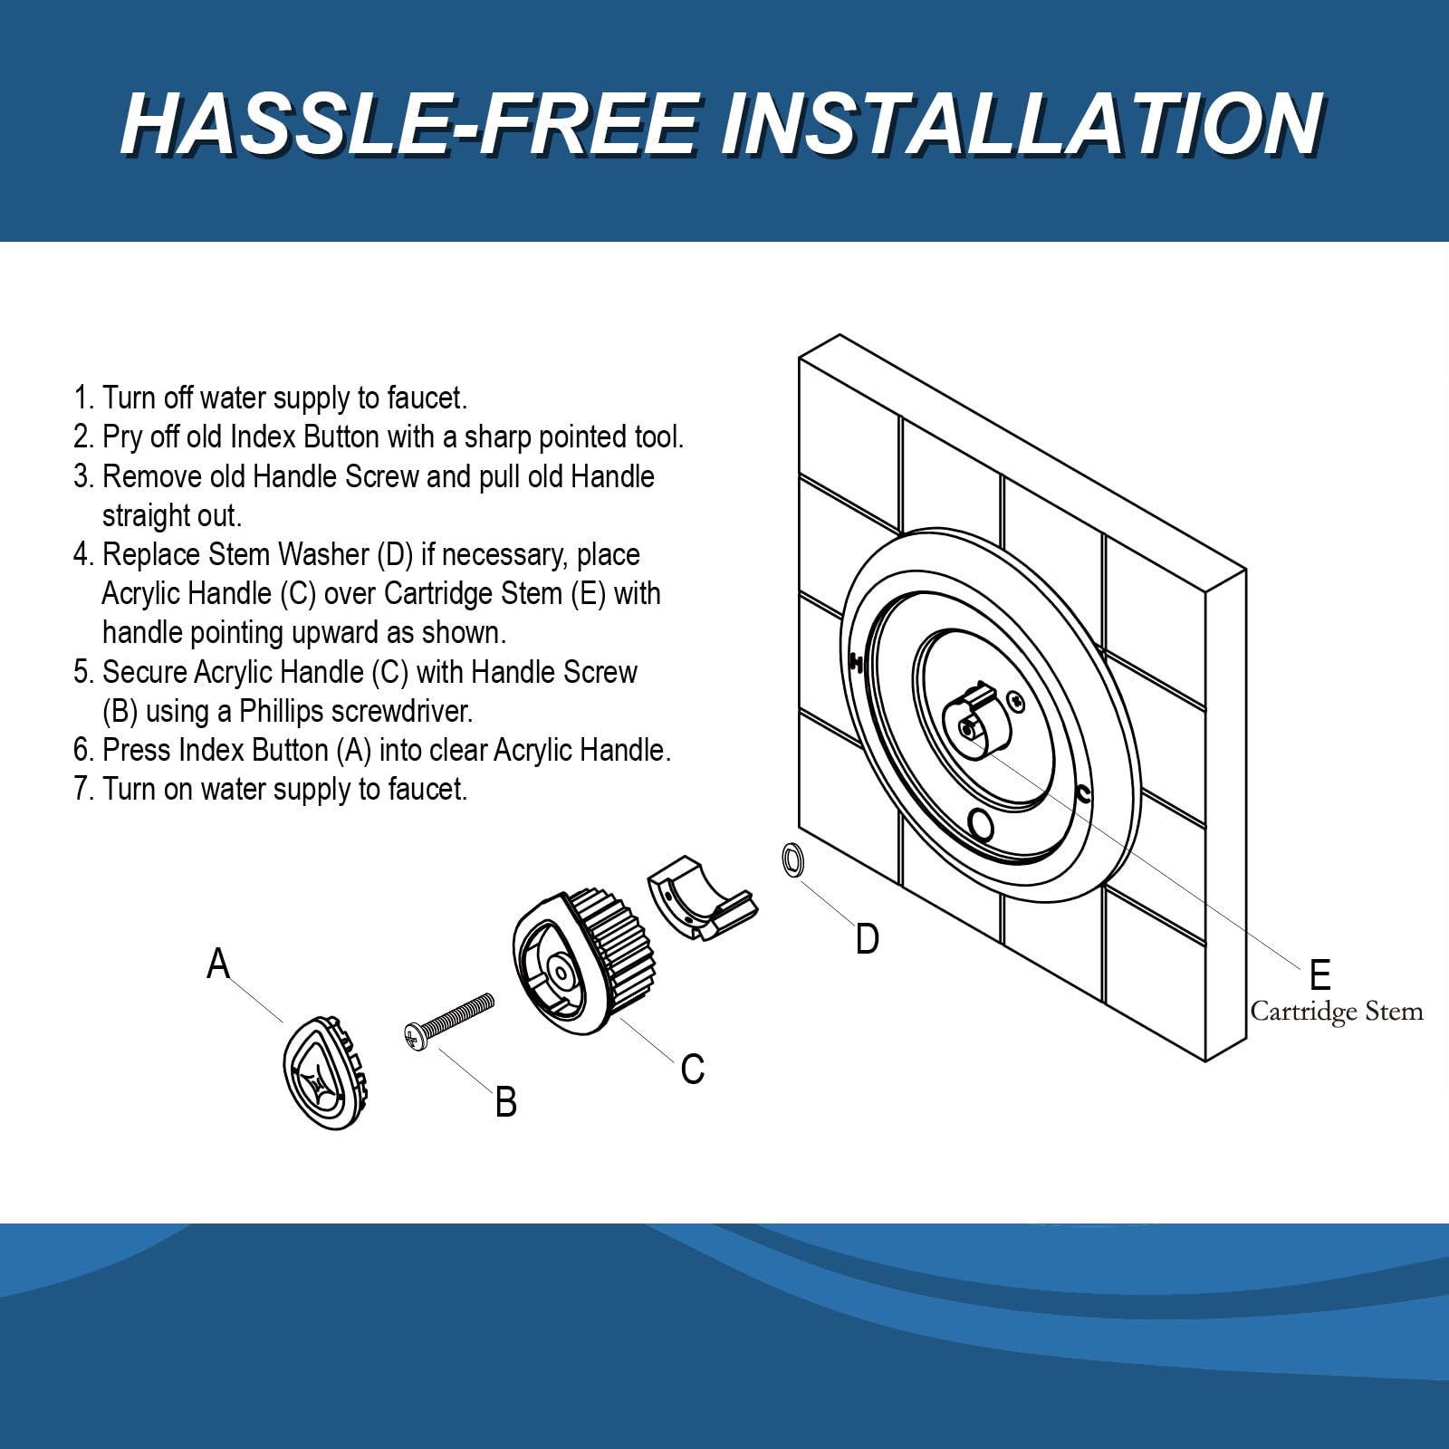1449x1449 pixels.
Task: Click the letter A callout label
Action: coord(218,964)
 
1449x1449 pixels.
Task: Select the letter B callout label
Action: coord(506,1102)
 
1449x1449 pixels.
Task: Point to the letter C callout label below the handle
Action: coord(693,1070)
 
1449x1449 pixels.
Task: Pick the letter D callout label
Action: coord(868,939)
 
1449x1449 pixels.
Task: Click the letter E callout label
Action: coord(1320,975)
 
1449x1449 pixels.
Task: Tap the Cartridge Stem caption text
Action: coord(1337,1012)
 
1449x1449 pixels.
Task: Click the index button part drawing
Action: coord(326,1071)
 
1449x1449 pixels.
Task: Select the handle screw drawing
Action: coord(449,1022)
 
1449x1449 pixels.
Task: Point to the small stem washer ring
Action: coord(792,859)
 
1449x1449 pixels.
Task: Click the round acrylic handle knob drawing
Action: coord(583,962)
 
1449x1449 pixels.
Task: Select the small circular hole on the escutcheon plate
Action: coord(981,825)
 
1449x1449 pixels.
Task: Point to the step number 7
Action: coord(82,790)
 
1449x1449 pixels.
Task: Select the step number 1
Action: coord(82,398)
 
